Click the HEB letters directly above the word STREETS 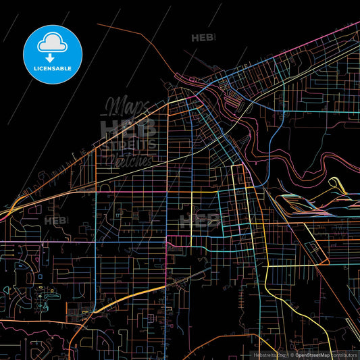[x=128, y=127]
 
